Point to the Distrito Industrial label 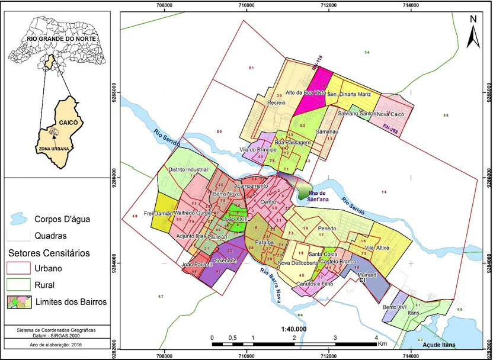click(x=188, y=169)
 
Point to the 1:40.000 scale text click(x=294, y=329)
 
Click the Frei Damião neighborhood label click(x=157, y=213)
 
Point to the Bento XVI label click(x=393, y=307)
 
